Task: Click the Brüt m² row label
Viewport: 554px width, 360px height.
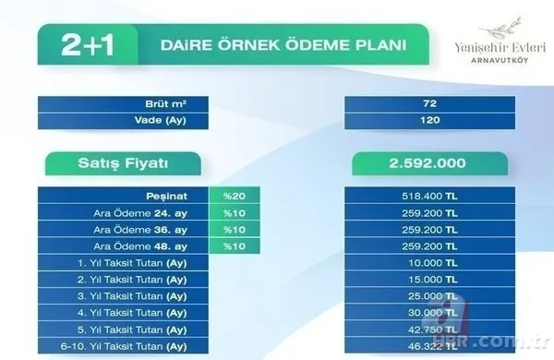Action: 176,102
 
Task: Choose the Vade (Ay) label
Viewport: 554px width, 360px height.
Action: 176,119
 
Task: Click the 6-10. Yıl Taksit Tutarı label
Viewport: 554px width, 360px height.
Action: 139,347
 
